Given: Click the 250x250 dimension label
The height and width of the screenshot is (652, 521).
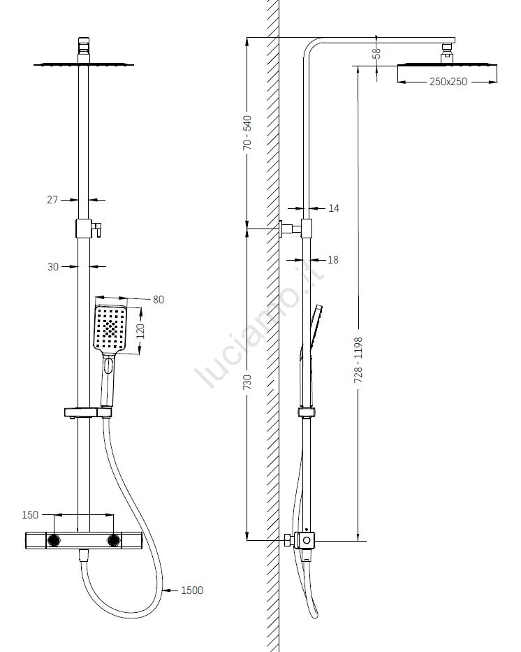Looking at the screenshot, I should [448, 82].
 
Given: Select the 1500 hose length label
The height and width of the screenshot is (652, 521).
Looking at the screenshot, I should [192, 591].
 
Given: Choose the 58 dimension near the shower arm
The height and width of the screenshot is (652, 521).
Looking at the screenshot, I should [376, 52].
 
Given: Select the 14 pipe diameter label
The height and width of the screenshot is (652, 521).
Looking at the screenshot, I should [333, 208].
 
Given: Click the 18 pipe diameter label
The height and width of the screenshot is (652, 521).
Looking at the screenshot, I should [333, 260].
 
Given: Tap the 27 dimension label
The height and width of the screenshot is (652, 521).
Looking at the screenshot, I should [52, 200].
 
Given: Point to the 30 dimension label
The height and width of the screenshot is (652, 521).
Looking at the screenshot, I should [52, 266].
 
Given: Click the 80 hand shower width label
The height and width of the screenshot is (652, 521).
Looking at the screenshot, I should [158, 300].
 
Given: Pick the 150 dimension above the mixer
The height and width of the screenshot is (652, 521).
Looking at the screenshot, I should [30, 515].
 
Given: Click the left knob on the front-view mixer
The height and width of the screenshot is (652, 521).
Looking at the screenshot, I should [53, 540].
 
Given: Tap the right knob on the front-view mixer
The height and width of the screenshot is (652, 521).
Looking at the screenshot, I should [113, 540].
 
